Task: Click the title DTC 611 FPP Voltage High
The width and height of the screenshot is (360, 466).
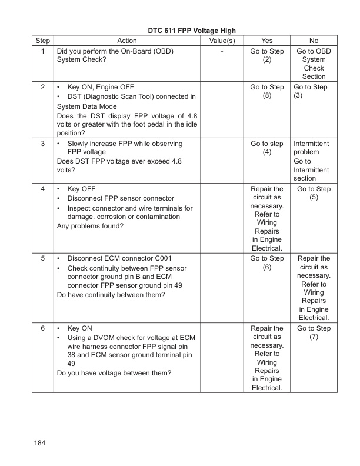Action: click(x=180, y=30)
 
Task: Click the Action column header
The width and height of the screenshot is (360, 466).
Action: click(x=127, y=41)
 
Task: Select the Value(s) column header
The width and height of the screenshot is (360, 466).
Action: click(x=222, y=41)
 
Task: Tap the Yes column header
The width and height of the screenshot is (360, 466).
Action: click(x=266, y=41)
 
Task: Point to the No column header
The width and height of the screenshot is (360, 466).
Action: click(x=314, y=41)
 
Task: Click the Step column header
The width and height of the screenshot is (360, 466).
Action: click(x=43, y=41)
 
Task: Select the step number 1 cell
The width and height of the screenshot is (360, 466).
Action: click(x=43, y=51)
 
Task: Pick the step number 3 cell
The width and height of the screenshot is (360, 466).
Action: click(x=43, y=144)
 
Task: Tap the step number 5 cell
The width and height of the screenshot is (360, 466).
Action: click(x=43, y=258)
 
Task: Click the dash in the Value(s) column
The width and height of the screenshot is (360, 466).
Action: click(x=222, y=51)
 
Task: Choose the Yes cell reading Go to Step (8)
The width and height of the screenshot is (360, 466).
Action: click(x=266, y=92)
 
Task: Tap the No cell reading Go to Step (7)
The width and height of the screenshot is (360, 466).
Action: click(x=314, y=332)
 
